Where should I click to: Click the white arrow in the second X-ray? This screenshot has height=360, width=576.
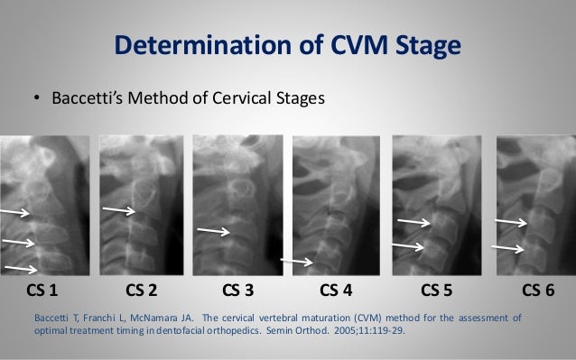coord(119,210)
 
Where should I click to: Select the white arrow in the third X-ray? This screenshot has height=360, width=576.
coord(213,232)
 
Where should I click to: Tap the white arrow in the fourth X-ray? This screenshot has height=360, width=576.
coord(297,263)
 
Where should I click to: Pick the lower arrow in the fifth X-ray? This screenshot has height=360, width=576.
coord(407,245)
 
